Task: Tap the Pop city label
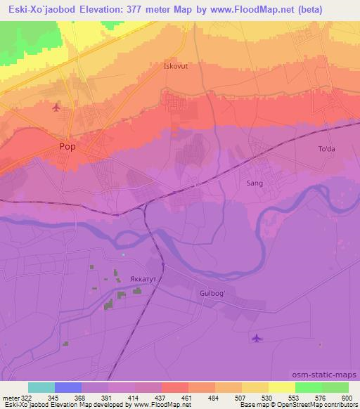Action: tap(68, 147)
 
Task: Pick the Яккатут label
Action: tap(143, 279)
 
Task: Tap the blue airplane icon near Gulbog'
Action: tap(257, 339)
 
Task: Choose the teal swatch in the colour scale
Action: tap(41, 387)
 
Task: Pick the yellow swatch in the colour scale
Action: tap(281, 387)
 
